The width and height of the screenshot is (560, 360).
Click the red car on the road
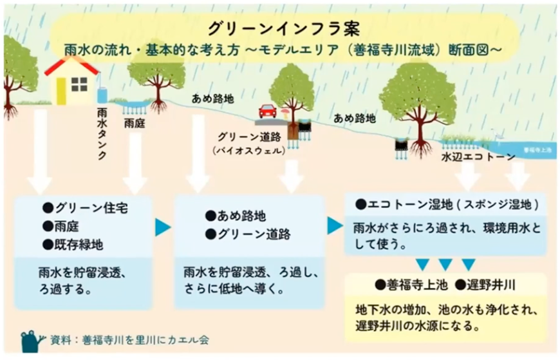267,111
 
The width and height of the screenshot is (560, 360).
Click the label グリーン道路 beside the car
247,137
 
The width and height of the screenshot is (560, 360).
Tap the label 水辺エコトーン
478,156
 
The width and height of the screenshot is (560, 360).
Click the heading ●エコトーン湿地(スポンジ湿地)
446,204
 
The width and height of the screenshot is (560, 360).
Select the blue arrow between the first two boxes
162,227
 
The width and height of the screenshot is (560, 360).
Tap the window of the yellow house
79,84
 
